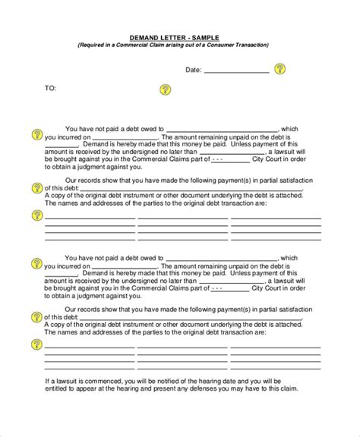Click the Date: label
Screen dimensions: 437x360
pyautogui.click(x=194, y=70)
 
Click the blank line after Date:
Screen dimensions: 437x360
pyautogui.click(x=236, y=71)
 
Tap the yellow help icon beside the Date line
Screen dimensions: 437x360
pyautogui.click(x=280, y=69)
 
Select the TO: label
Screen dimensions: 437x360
pyautogui.click(x=51, y=89)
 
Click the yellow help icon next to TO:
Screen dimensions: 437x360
pyautogui.click(x=166, y=89)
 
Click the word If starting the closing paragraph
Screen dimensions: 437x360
pyautogui.click(x=47, y=401)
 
